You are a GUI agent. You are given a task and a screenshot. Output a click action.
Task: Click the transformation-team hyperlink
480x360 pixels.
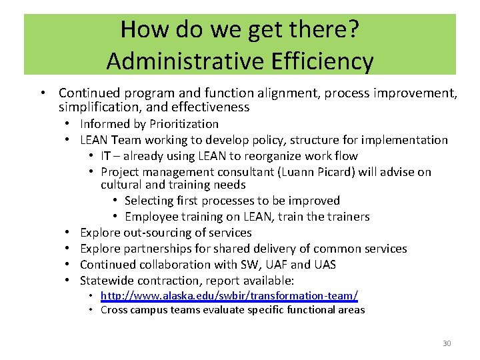229,295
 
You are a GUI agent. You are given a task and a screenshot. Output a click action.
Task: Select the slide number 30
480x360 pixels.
447,343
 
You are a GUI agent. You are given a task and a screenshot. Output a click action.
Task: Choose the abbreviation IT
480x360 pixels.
106,156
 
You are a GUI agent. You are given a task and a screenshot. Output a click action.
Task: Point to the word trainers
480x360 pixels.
348,217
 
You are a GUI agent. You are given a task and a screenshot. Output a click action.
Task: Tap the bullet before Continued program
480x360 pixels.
43,93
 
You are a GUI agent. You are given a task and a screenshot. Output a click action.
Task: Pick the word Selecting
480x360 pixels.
150,201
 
